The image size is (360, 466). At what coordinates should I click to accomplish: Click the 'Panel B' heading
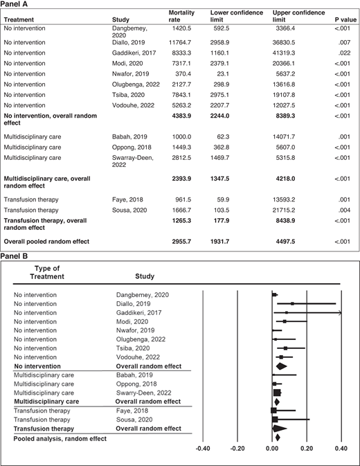16,256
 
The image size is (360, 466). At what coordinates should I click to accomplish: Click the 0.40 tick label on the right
339,448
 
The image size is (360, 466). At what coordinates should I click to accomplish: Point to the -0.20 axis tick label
236,448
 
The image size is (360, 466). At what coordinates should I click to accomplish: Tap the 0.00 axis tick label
272,448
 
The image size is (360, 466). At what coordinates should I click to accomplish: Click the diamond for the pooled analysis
277,437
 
